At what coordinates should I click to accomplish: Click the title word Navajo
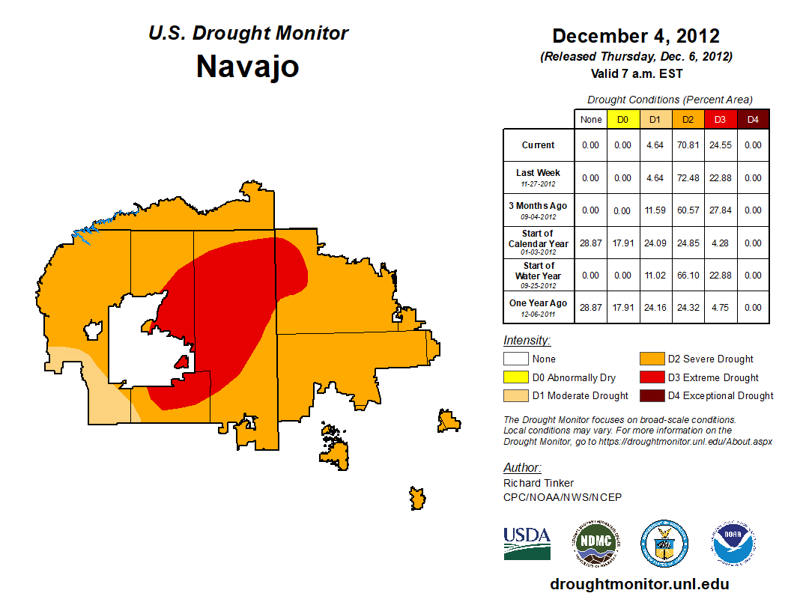(x=247, y=67)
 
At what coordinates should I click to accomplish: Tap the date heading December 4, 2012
(x=635, y=36)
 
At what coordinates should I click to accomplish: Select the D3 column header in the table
(x=720, y=119)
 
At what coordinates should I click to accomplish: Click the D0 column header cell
(x=623, y=119)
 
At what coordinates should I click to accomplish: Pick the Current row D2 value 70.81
(x=688, y=145)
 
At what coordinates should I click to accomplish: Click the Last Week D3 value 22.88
(x=720, y=178)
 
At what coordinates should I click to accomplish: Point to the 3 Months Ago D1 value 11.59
(x=655, y=210)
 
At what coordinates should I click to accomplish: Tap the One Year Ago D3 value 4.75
(x=720, y=307)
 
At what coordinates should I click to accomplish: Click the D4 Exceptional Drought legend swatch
(x=650, y=395)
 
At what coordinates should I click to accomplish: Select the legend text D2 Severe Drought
(x=710, y=359)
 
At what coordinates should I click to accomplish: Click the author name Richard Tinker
(x=539, y=483)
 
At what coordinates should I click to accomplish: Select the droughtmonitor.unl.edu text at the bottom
(x=639, y=584)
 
